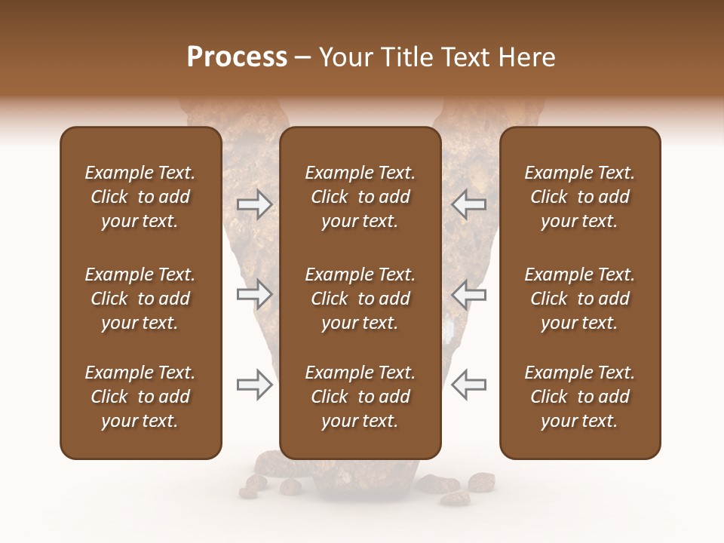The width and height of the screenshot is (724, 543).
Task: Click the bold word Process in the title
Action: tap(237, 57)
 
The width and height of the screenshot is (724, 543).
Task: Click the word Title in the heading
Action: tap(407, 57)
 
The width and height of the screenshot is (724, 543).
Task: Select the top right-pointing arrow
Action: tap(254, 204)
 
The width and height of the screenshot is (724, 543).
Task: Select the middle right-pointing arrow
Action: tap(254, 294)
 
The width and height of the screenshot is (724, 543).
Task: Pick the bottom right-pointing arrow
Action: tap(254, 385)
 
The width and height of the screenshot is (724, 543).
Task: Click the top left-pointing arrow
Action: tap(468, 204)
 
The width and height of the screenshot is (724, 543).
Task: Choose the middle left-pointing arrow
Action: tap(468, 294)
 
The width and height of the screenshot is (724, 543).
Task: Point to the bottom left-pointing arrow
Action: tap(468, 385)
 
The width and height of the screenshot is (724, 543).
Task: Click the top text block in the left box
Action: tap(140, 197)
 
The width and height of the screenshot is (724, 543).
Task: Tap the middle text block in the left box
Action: tap(140, 299)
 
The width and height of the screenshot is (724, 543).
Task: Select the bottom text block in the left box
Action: tap(140, 397)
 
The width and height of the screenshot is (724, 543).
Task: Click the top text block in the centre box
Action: tap(360, 197)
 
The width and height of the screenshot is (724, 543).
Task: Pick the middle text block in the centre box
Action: tap(360, 299)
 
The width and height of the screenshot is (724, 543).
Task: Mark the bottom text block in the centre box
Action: tap(360, 397)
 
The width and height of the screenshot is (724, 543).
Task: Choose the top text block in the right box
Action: tap(579, 197)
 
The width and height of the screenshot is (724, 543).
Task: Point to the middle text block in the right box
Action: tap(579, 299)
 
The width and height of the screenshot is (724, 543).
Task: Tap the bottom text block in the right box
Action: tap(579, 397)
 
